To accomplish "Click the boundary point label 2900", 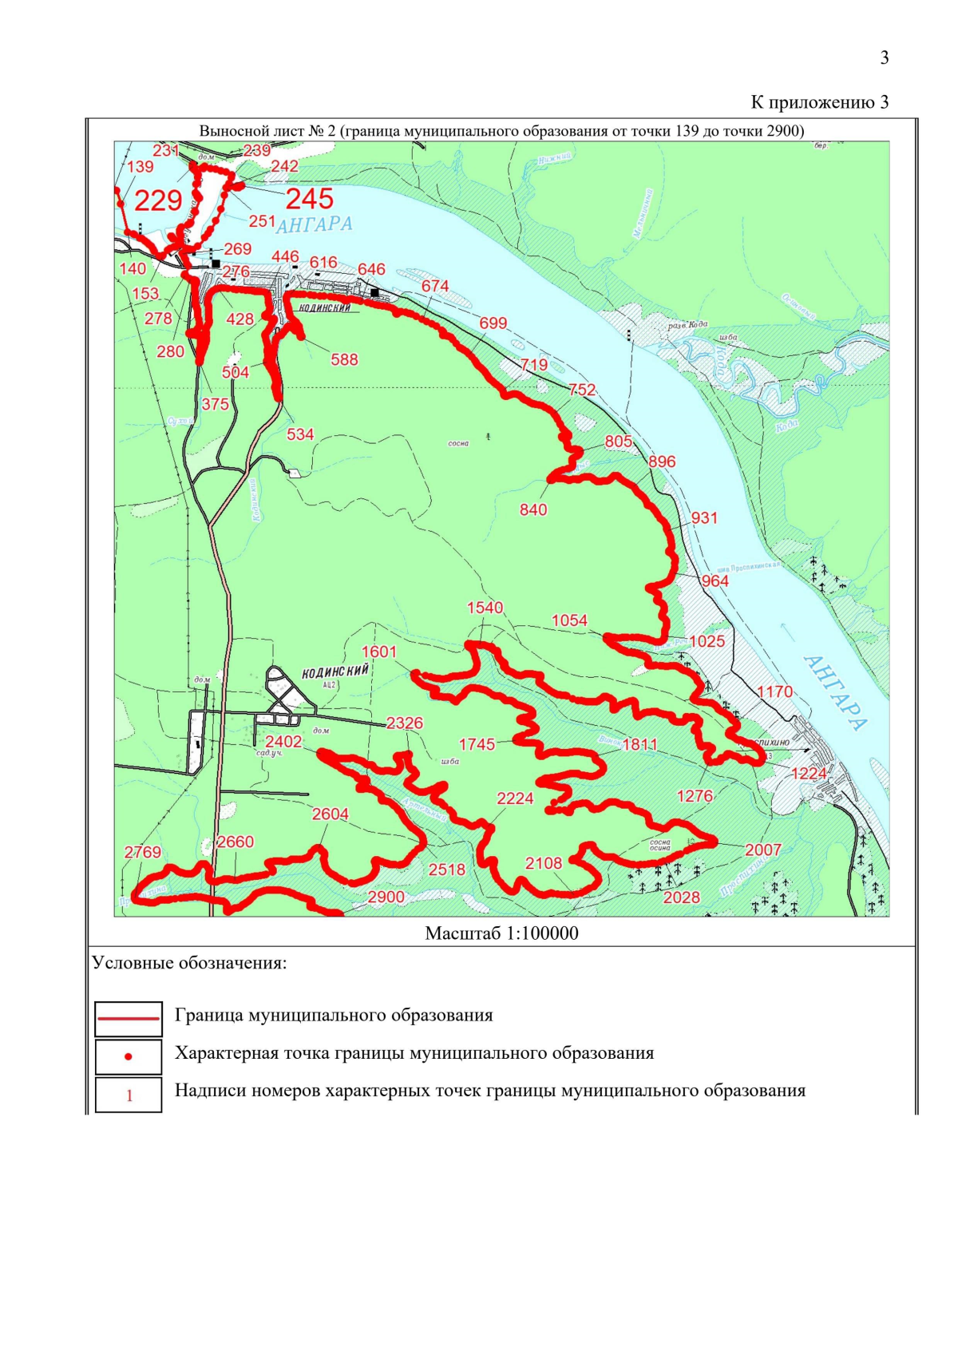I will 386,897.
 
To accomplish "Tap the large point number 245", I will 310,199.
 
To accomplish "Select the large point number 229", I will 158,200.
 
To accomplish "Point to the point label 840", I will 533,509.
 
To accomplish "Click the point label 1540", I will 485,608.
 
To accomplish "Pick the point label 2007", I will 762,850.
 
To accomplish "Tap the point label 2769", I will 143,852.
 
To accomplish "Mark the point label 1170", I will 774,691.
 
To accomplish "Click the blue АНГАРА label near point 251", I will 314,225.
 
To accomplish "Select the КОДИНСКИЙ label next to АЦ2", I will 335,672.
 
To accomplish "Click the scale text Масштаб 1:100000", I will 501,933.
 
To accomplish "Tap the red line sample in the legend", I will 129,1018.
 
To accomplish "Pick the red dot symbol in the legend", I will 129,1056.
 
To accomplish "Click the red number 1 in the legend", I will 129,1095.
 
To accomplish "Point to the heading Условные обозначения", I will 189,962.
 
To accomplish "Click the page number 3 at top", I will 884,57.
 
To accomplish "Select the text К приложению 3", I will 819,101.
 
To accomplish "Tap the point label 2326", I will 405,723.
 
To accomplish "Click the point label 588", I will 344,359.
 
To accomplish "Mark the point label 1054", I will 569,620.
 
